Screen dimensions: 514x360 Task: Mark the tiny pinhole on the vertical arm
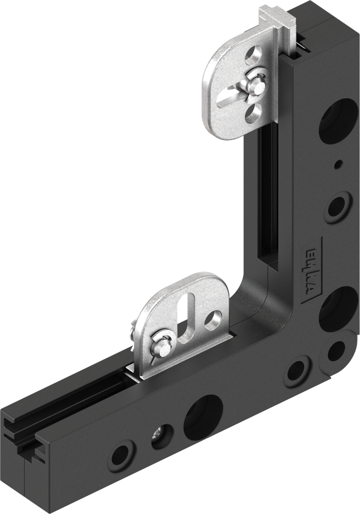tap(338, 164)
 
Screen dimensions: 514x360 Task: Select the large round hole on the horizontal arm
tap(203, 416)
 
